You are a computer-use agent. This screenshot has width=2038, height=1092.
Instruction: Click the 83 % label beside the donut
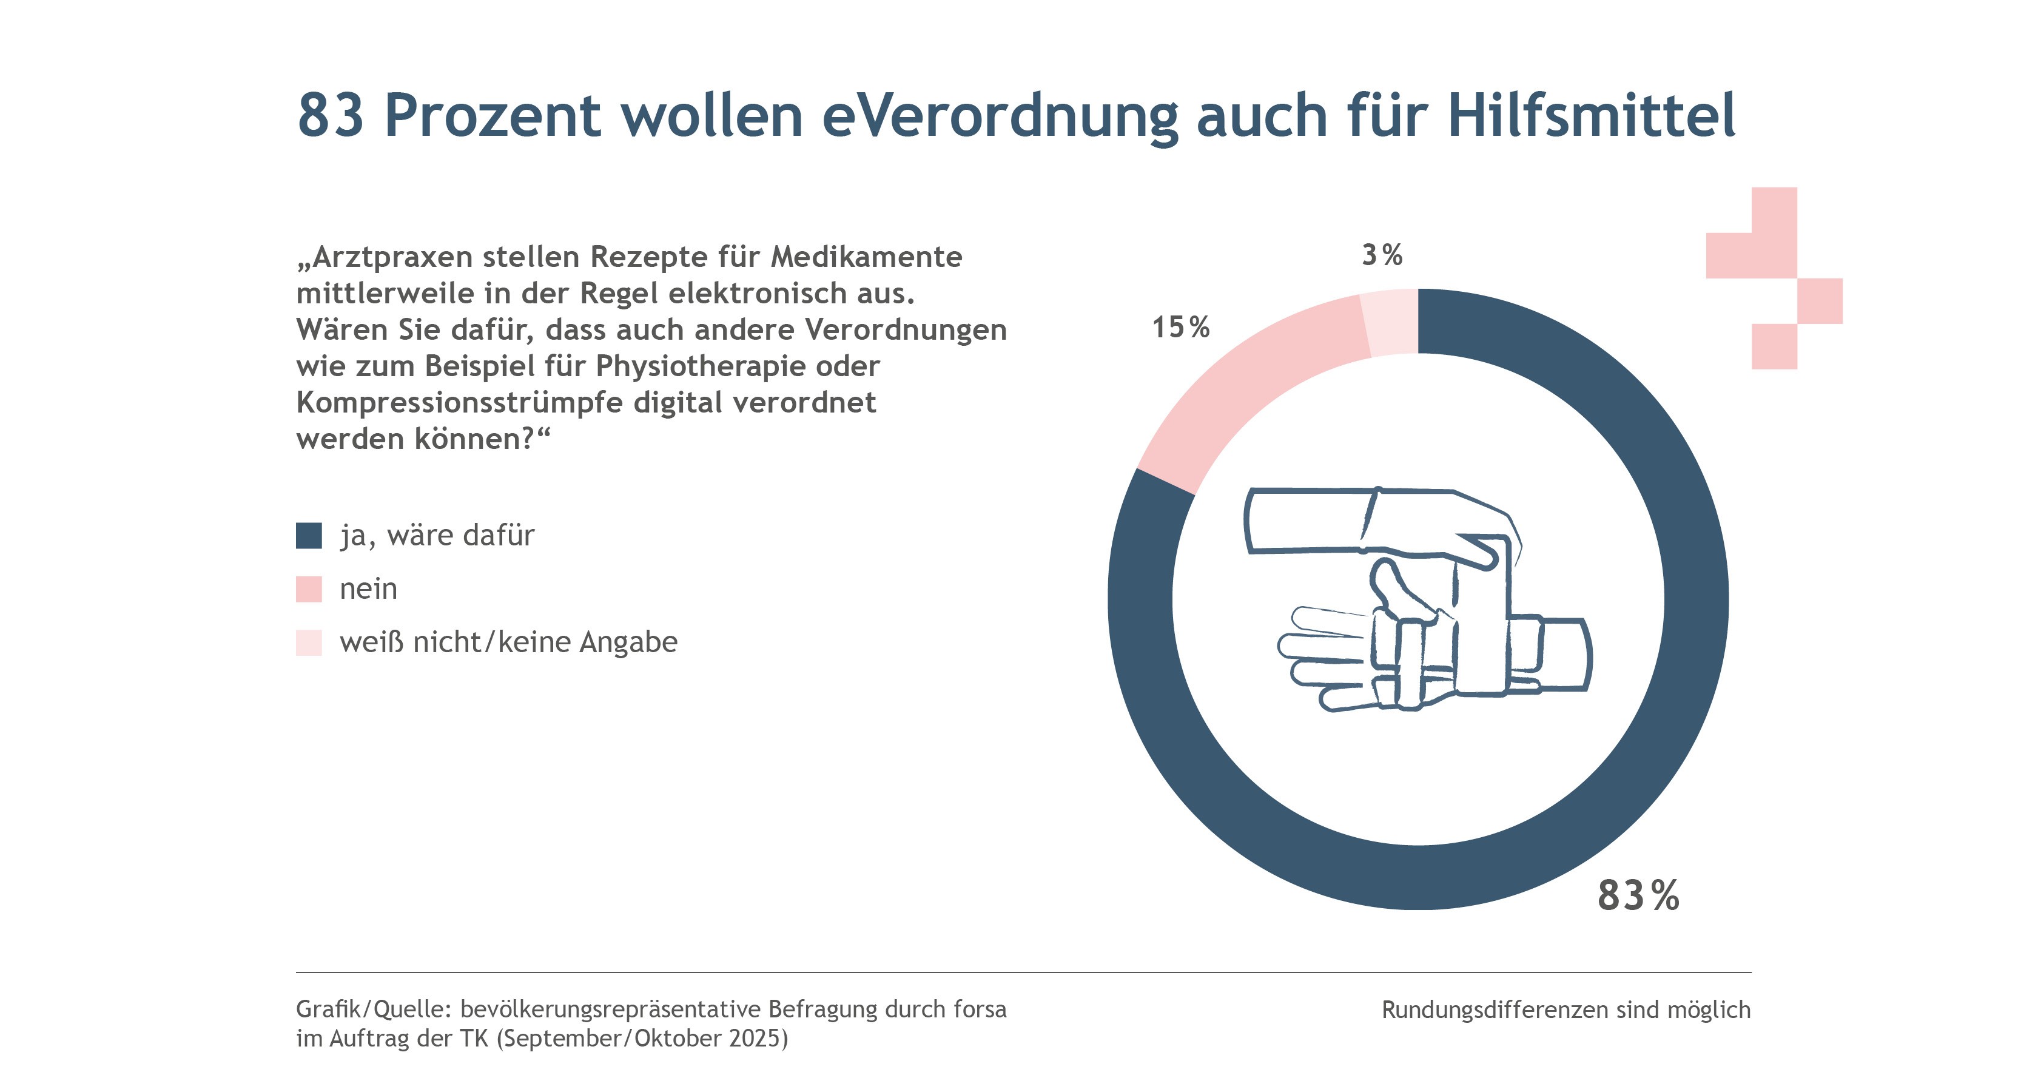coord(1638,896)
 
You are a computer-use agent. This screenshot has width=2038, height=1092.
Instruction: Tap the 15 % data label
coord(1180,327)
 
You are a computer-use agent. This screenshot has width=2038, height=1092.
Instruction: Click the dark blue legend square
coord(309,536)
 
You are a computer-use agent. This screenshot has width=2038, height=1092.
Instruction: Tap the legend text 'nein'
coord(369,588)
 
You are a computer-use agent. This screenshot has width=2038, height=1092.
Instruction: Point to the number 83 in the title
coord(331,115)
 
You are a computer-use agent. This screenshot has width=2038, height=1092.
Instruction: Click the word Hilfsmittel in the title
coord(1592,115)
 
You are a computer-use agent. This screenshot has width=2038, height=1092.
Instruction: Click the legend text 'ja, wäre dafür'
coord(437,536)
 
